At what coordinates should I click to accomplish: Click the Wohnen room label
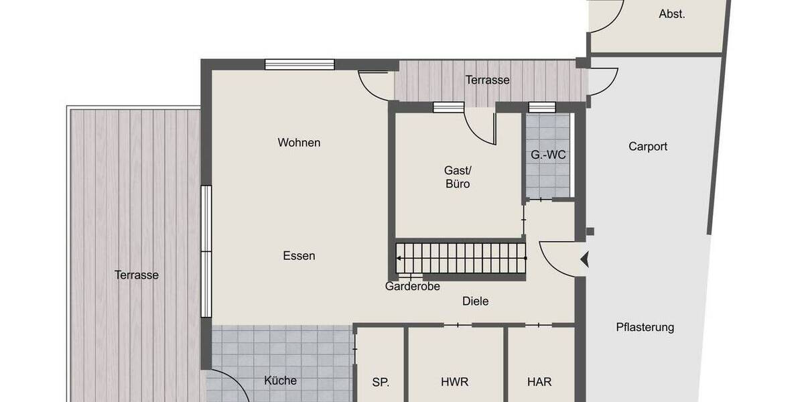pos(299,143)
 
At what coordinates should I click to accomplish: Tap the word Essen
pos(299,256)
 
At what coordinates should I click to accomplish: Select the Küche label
pos(280,381)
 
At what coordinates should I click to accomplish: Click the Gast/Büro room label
pos(457,177)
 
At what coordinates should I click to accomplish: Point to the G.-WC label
pos(548,155)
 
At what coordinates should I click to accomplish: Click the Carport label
pos(648,147)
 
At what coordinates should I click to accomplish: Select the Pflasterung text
pos(645,328)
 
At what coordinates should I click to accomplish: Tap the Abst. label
pos(671,14)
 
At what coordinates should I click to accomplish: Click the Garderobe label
pos(412,286)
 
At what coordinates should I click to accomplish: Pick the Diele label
pos(475,301)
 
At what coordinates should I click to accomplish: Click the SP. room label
pos(381,383)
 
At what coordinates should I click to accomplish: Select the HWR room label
pos(454,383)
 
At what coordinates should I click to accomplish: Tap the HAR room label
pos(539,383)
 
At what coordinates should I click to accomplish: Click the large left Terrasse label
pos(136,275)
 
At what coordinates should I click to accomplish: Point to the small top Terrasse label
pos(488,80)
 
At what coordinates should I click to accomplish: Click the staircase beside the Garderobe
pos(461,258)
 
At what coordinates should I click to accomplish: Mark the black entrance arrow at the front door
pos(585,259)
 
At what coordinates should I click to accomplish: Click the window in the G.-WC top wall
pos(542,107)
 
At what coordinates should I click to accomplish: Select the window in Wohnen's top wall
pos(299,64)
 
